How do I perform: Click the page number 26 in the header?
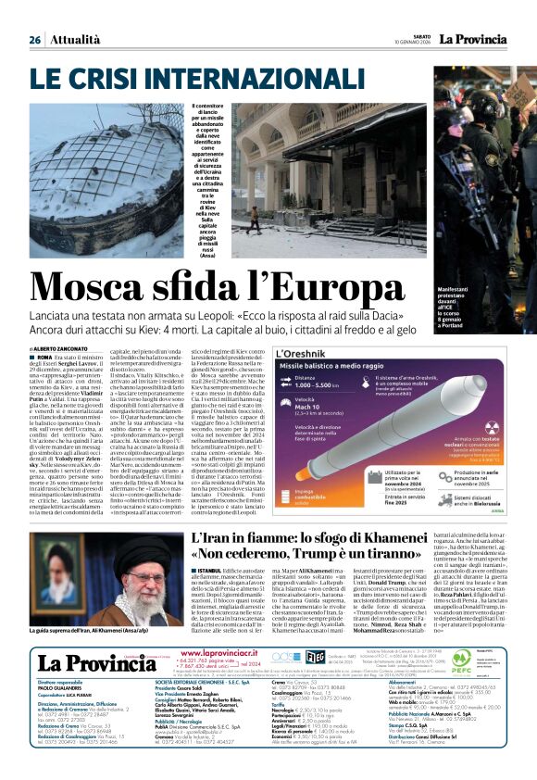(35, 40)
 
